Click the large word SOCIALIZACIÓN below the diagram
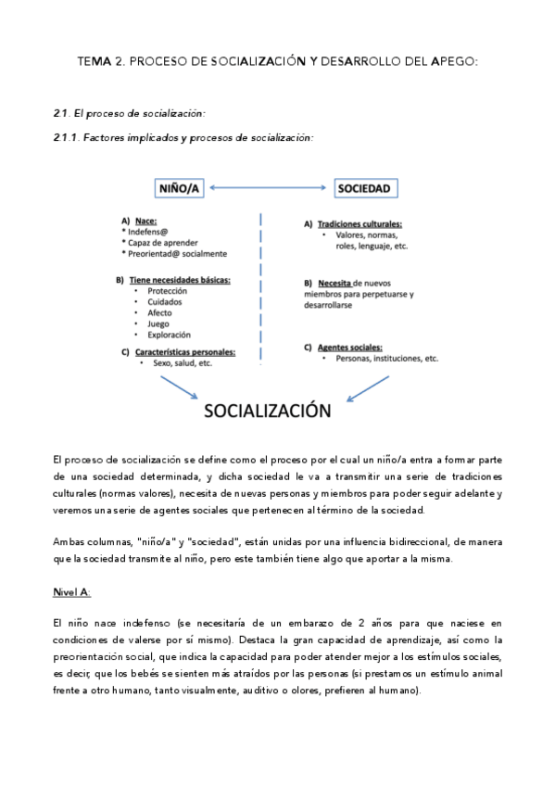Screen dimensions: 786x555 tap(267, 410)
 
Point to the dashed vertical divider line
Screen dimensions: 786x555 tap(260, 287)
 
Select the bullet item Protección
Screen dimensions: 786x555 tap(167, 291)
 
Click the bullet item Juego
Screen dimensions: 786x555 tap(158, 324)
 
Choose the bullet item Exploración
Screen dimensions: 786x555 tap(169, 336)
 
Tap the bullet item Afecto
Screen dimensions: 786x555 tap(160, 313)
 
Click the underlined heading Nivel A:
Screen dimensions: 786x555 tap(72, 590)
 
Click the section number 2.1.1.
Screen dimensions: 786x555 tap(69, 138)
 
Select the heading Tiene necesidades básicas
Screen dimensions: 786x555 tap(180, 279)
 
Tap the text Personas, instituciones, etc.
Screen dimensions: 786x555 tap(387, 358)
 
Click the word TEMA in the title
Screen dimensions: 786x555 tap(94, 61)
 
